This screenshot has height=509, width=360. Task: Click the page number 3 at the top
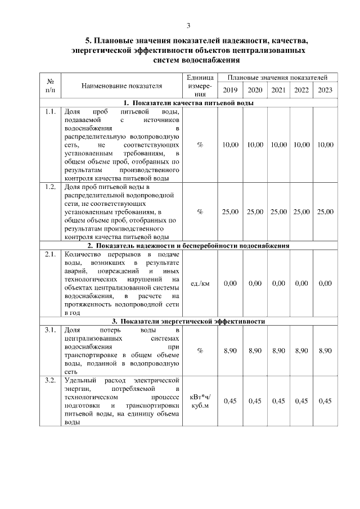[188, 25]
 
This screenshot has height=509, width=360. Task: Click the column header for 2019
[230, 90]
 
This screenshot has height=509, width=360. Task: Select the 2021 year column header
[278, 90]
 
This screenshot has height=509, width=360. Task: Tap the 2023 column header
[325, 90]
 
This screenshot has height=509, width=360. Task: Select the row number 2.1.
[50, 254]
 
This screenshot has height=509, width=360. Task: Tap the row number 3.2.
[50, 381]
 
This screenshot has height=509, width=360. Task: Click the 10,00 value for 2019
[230, 145]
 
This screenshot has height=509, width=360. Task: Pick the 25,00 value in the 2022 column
[301, 211]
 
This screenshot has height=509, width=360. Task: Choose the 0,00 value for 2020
[255, 283]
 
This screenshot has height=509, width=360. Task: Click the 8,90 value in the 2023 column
[325, 350]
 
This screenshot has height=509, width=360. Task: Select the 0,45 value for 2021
[278, 401]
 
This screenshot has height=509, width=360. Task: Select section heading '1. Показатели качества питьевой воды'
[188, 103]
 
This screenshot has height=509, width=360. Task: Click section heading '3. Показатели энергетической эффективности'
[188, 321]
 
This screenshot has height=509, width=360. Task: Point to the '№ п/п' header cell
[50, 86]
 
